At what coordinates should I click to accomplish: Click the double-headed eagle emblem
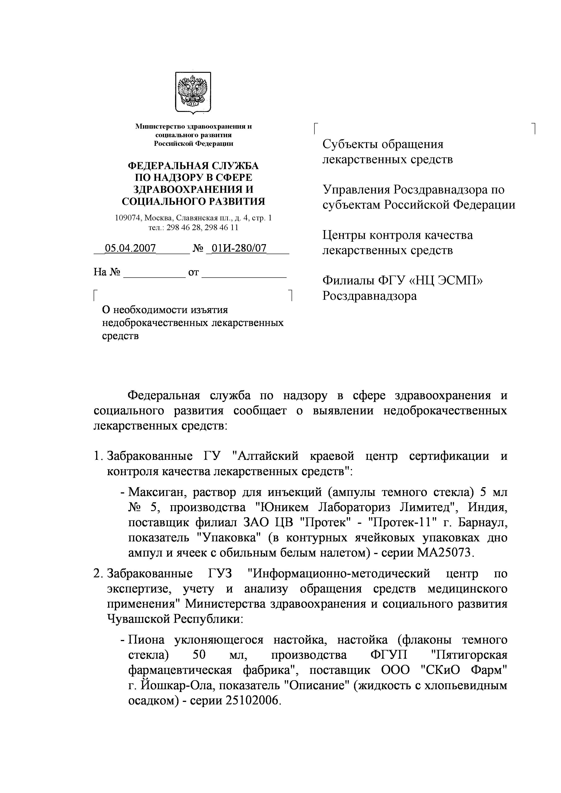click(193, 92)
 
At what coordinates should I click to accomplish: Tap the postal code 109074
click(128, 218)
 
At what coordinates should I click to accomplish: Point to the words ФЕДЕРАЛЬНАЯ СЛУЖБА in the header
click(193, 166)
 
